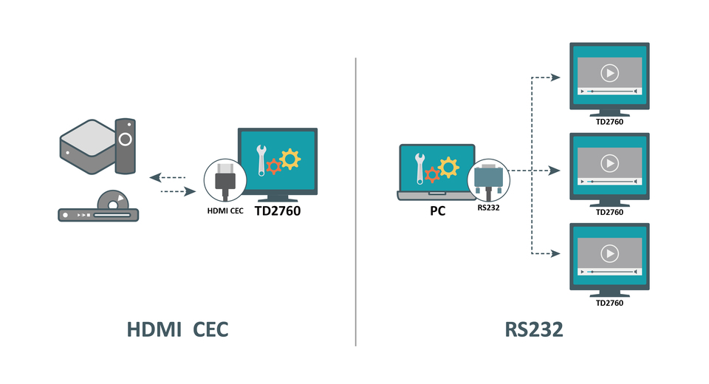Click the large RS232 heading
[x=534, y=329]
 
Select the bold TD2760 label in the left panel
[x=278, y=210]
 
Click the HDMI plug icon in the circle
[x=225, y=181]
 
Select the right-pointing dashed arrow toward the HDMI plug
[x=177, y=191]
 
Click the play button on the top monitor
[x=609, y=72]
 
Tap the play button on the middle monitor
[x=609, y=162]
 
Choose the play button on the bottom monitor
[x=609, y=253]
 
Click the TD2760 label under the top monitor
[x=609, y=122]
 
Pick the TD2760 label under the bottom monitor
[x=609, y=303]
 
